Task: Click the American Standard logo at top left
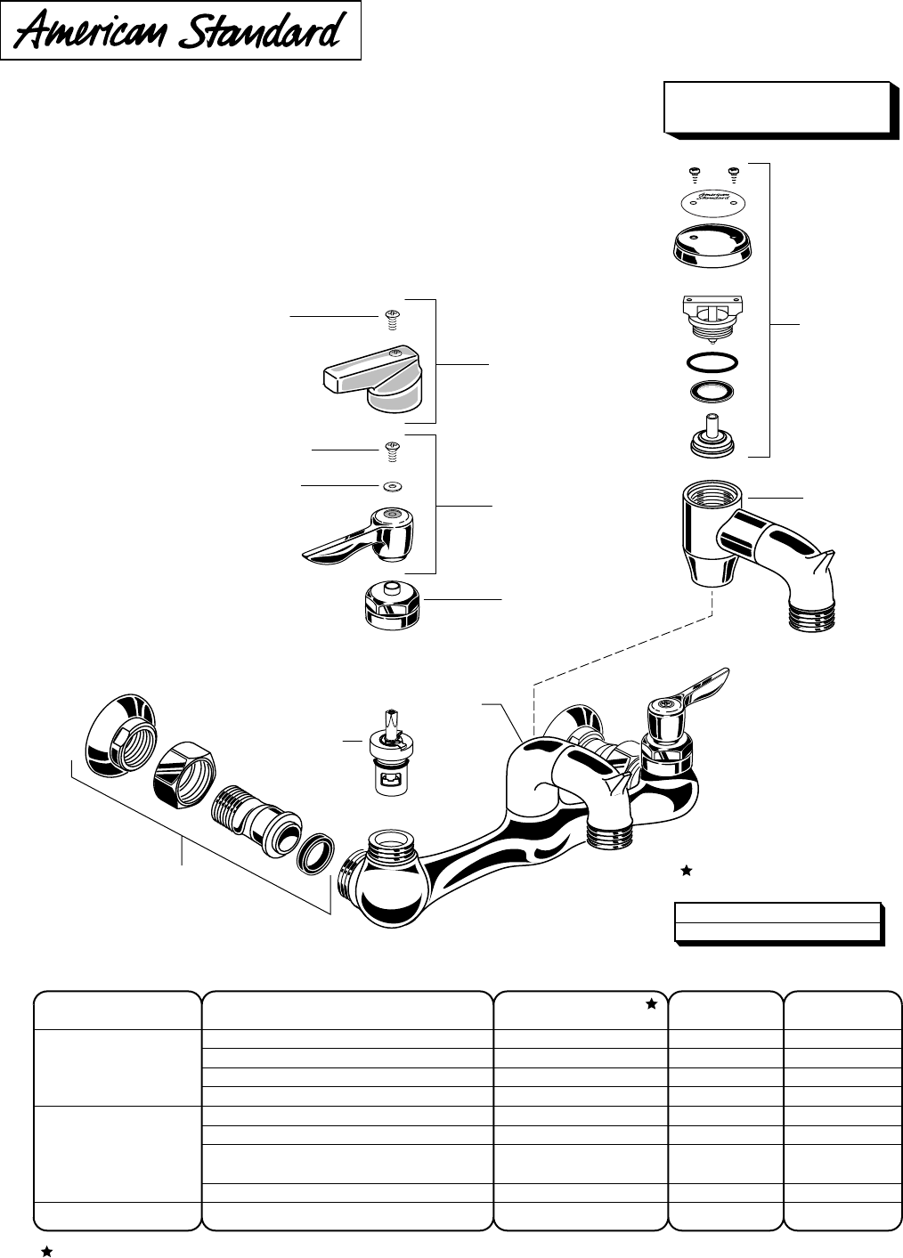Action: (181, 31)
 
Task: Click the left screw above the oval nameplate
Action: (695, 173)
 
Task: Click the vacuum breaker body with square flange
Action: (711, 316)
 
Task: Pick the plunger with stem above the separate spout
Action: (711, 437)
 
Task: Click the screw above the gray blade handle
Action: (389, 317)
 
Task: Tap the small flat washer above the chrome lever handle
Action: (389, 486)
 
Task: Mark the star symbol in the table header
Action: (651, 1004)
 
